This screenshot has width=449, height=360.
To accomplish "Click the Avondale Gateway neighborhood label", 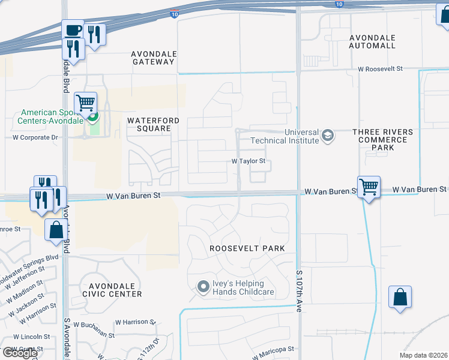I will [x=153, y=58].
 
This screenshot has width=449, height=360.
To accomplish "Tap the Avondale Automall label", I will [x=372, y=41].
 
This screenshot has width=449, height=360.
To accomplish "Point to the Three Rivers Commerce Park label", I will [x=382, y=140].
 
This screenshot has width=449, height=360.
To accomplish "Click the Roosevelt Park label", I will [x=247, y=248].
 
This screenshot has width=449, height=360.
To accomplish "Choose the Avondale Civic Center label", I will [x=114, y=290].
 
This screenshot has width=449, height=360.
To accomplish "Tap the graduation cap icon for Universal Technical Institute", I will [x=328, y=136].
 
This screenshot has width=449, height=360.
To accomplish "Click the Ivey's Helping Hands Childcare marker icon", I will [x=203, y=288].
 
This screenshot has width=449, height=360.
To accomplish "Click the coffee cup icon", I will [x=73, y=31].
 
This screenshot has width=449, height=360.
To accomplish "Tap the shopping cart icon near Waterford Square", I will [x=86, y=103].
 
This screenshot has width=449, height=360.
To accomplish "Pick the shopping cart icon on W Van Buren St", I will [x=369, y=187].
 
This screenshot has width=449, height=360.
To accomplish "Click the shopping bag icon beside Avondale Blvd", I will [x=56, y=229].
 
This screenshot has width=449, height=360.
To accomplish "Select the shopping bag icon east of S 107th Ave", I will [x=400, y=296].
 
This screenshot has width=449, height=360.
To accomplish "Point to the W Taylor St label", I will [x=249, y=161].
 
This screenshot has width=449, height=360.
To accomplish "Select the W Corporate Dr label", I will [x=35, y=137].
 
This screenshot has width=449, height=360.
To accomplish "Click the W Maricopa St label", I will [x=273, y=349].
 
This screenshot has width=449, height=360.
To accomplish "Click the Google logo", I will [x=20, y=353].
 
